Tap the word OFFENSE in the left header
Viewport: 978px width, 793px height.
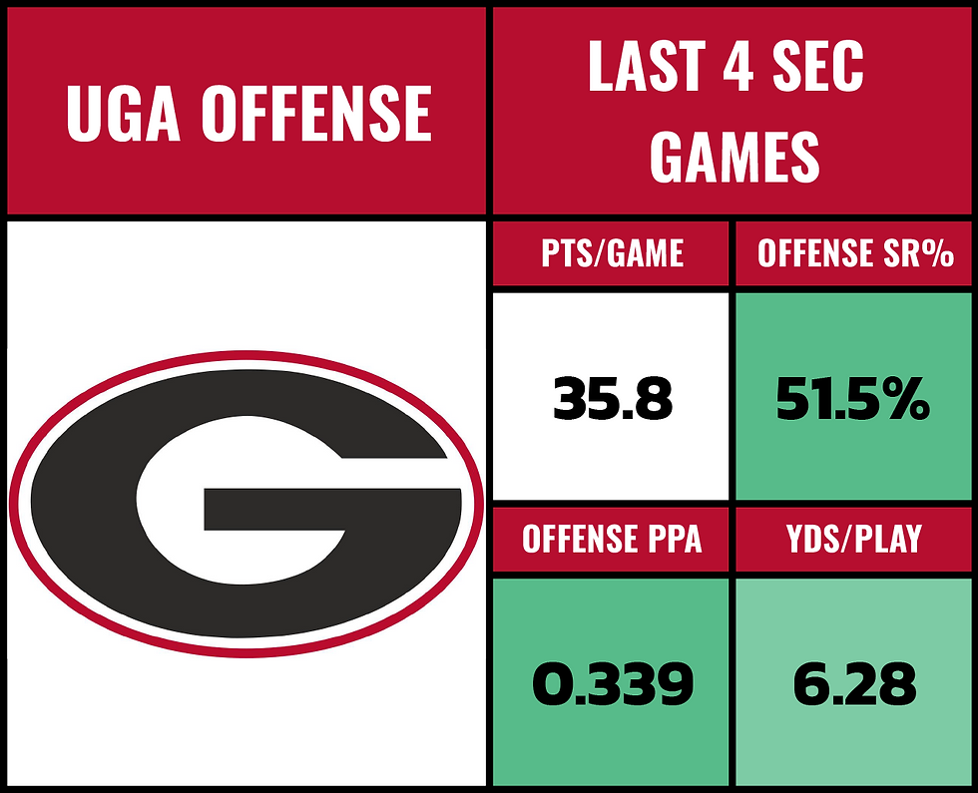316,112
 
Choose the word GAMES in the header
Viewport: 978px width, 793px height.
734,157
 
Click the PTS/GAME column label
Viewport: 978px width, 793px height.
613,253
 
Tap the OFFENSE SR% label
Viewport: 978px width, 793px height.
855,253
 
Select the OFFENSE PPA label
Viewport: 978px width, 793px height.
612,539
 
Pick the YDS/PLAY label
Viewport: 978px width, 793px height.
855,539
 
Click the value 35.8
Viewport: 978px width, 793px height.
613,400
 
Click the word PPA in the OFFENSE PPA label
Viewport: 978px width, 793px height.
670,539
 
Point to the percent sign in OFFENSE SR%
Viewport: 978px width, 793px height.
938,253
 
